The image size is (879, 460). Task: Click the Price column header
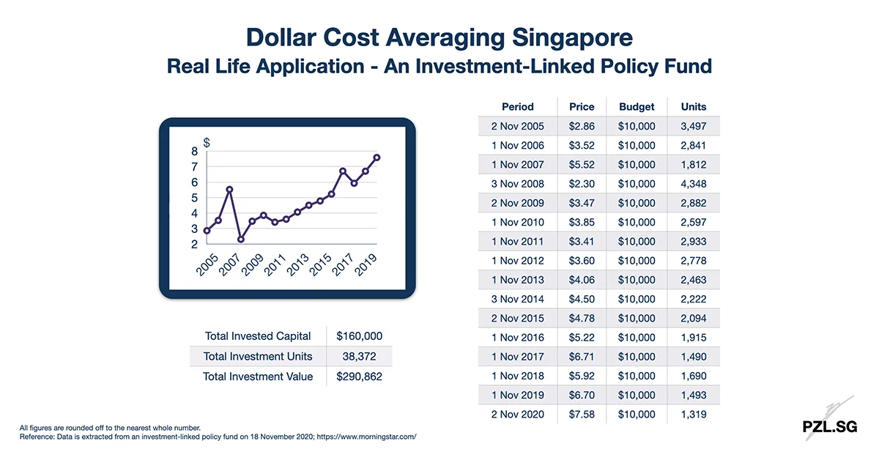click(x=582, y=106)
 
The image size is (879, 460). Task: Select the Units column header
click(x=693, y=106)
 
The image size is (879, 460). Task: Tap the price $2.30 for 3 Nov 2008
click(x=582, y=184)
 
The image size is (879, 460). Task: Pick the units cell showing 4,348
click(x=693, y=184)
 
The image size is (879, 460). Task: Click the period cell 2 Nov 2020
click(x=517, y=415)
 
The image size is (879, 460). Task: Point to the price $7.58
click(x=582, y=415)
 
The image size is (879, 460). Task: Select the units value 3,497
click(x=693, y=126)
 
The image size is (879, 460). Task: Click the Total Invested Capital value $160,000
click(x=359, y=336)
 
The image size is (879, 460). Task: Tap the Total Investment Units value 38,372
click(x=359, y=356)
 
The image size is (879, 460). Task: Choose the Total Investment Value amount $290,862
click(x=359, y=376)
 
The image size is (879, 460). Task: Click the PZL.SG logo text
click(x=829, y=426)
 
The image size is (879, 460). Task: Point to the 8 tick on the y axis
click(x=194, y=152)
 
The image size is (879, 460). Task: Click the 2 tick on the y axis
click(x=194, y=245)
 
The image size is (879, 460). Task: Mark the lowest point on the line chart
click(x=241, y=239)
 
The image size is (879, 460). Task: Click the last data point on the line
click(x=377, y=157)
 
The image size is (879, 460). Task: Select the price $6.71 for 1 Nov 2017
click(x=582, y=357)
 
